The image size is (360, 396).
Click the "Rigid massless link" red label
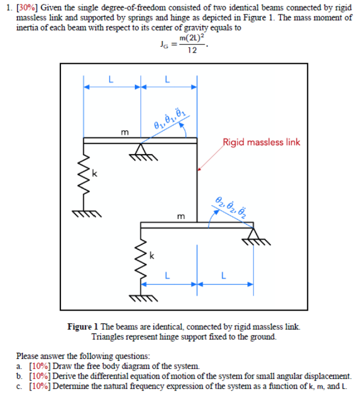(261, 142)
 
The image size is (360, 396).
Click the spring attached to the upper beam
(84, 177)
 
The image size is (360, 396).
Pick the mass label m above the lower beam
(181, 216)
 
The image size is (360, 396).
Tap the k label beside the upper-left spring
(94, 175)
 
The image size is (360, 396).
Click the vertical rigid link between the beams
(197, 183)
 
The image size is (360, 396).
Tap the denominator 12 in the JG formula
(191, 51)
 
